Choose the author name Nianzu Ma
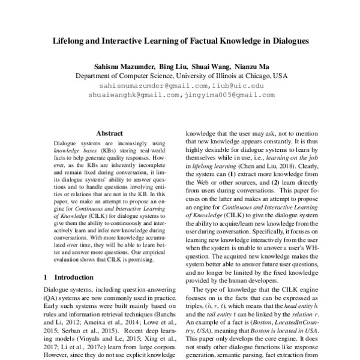(255, 66)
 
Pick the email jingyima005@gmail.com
(227, 95)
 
